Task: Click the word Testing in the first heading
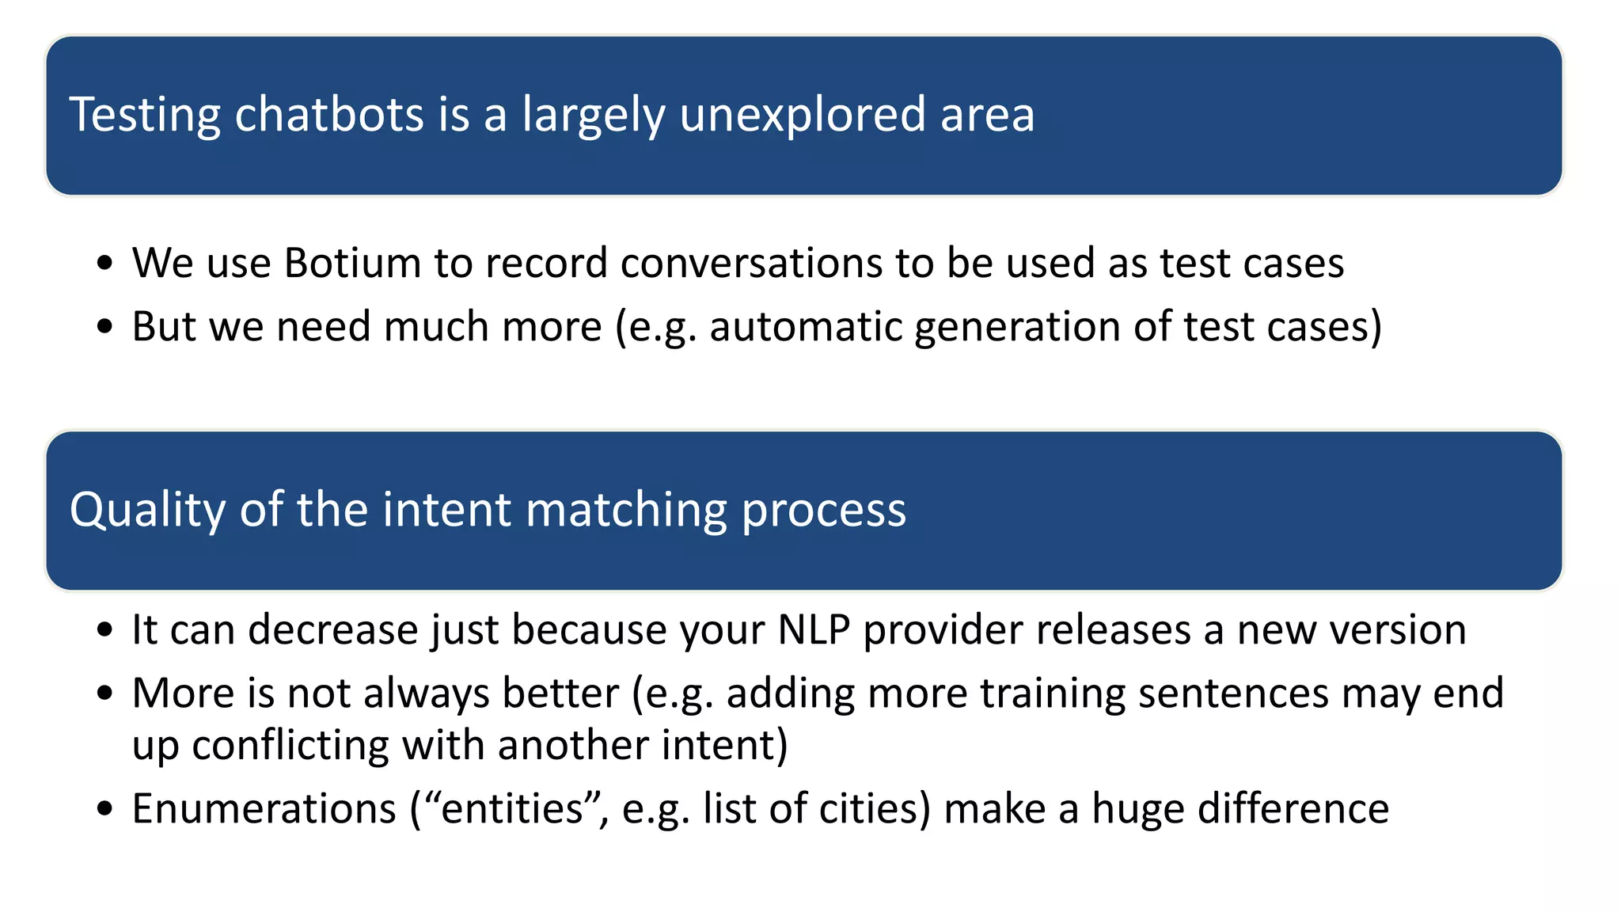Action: click(x=145, y=116)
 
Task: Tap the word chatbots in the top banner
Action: click(x=329, y=114)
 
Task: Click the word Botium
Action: click(x=352, y=263)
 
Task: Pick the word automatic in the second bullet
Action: click(x=805, y=326)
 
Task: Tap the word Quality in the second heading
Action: click(x=148, y=510)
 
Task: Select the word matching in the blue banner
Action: click(x=626, y=510)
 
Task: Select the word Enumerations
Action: click(x=264, y=809)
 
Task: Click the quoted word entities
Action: click(x=511, y=809)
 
